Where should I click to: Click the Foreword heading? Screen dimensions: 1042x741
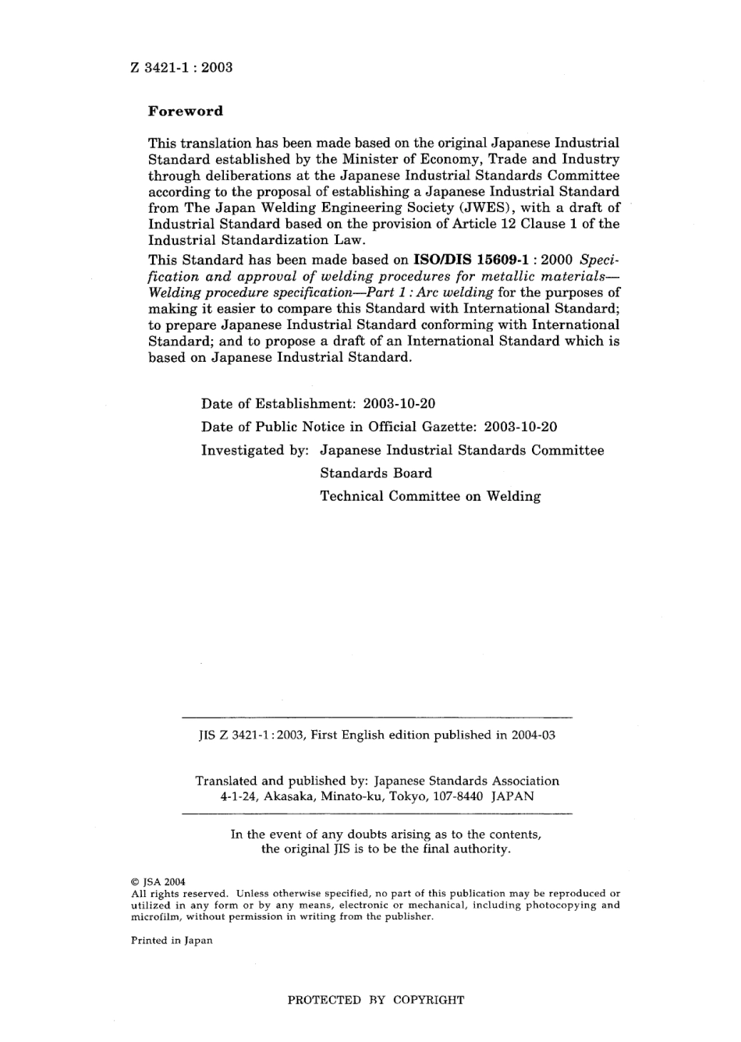[x=186, y=111]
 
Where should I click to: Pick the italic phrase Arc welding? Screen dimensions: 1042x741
[x=456, y=292]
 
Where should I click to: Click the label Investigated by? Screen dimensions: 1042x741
[x=255, y=450]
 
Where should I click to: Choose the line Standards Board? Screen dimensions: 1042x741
[x=375, y=473]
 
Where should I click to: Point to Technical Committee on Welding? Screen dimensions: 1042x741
[x=430, y=496]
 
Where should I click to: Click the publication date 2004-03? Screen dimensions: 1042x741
[x=533, y=735]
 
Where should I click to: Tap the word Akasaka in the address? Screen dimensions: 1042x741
[x=291, y=796]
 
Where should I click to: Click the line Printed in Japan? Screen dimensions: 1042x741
[x=172, y=941]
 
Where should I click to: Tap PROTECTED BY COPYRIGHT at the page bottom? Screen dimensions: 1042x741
[x=376, y=1000]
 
